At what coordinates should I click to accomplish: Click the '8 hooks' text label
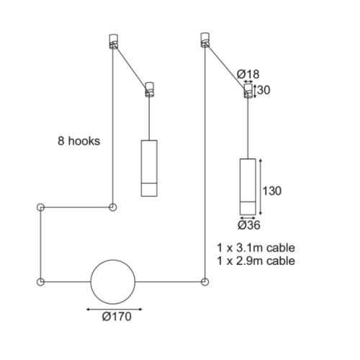click(x=78, y=141)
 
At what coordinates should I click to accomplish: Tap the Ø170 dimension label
click(x=117, y=317)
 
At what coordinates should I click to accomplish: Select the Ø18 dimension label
click(x=248, y=74)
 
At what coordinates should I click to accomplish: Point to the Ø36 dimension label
click(x=249, y=225)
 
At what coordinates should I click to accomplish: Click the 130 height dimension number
click(x=272, y=191)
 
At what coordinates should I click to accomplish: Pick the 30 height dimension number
click(x=264, y=90)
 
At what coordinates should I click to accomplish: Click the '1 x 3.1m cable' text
click(x=256, y=248)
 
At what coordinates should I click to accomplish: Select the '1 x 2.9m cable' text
click(x=256, y=261)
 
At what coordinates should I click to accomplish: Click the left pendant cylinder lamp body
click(x=149, y=168)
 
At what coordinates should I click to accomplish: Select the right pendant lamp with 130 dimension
click(x=248, y=186)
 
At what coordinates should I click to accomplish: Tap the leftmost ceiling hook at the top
click(x=114, y=41)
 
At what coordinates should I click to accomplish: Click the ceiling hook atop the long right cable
click(x=205, y=40)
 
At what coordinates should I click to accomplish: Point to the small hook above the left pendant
click(x=150, y=89)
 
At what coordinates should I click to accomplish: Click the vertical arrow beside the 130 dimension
click(x=261, y=186)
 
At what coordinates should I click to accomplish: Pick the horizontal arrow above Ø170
click(x=114, y=310)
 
